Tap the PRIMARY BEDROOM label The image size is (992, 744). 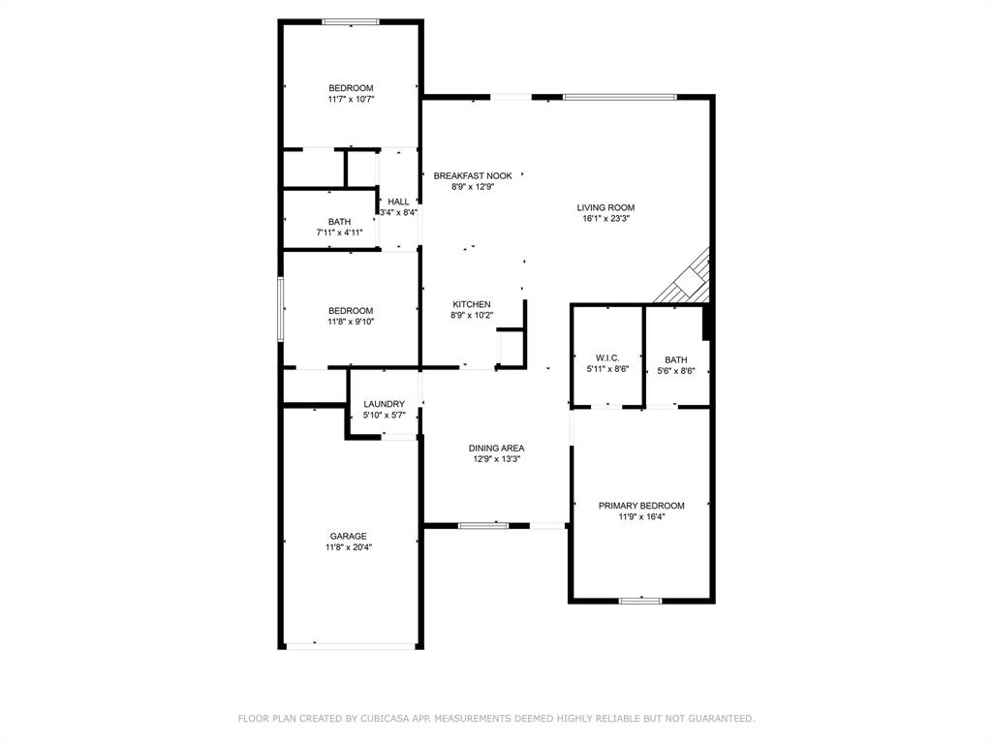pyautogui.click(x=641, y=506)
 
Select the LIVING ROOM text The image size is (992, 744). pyautogui.click(x=605, y=207)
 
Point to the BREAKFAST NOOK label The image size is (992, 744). pyautogui.click(x=473, y=176)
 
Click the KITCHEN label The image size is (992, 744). pyautogui.click(x=472, y=304)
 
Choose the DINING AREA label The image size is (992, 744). pyautogui.click(x=497, y=448)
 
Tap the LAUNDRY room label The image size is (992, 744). pyautogui.click(x=384, y=404)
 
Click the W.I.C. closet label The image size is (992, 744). pyautogui.click(x=607, y=357)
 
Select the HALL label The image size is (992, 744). pyautogui.click(x=398, y=201)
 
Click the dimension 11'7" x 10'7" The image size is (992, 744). pyautogui.click(x=351, y=99)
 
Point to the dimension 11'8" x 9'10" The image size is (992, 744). pyautogui.click(x=351, y=322)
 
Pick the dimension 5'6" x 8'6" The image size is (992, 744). pyautogui.click(x=676, y=369)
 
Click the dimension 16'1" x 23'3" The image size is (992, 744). pyautogui.click(x=605, y=219)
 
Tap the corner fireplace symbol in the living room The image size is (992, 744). pyautogui.click(x=690, y=278)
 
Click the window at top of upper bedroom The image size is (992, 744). pyautogui.click(x=351, y=21)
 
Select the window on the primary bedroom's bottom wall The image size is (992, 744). pyautogui.click(x=640, y=601)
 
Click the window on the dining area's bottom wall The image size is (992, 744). pyautogui.click(x=483, y=525)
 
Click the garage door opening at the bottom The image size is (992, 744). pyautogui.click(x=351, y=645)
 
